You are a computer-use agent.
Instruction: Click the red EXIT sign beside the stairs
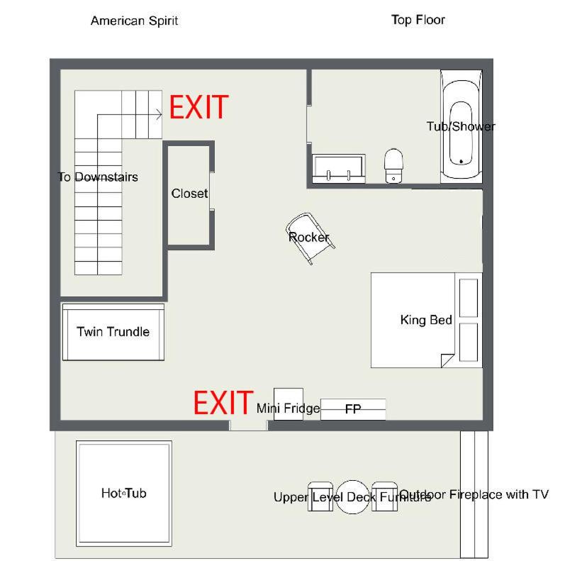199,107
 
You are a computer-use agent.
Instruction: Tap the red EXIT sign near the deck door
223,403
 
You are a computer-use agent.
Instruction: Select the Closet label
189,194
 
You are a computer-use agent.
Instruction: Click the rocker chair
310,238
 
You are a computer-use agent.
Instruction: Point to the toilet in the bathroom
393,165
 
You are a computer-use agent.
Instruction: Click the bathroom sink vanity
339,169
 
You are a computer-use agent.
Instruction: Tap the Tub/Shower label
461,126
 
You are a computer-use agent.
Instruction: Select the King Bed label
426,320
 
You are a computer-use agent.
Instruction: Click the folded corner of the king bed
447,360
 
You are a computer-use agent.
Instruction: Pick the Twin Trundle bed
113,332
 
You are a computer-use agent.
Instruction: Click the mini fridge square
289,404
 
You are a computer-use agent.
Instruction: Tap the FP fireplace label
352,409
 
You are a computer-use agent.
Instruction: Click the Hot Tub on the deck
124,494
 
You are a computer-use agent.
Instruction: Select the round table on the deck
352,496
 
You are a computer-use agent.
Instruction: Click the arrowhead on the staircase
159,115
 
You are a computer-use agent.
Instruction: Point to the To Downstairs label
98,177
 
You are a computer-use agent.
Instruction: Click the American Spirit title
135,21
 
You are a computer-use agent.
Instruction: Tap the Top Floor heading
418,20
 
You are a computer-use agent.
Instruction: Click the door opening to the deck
248,426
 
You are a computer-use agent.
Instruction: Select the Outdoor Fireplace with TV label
474,494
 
